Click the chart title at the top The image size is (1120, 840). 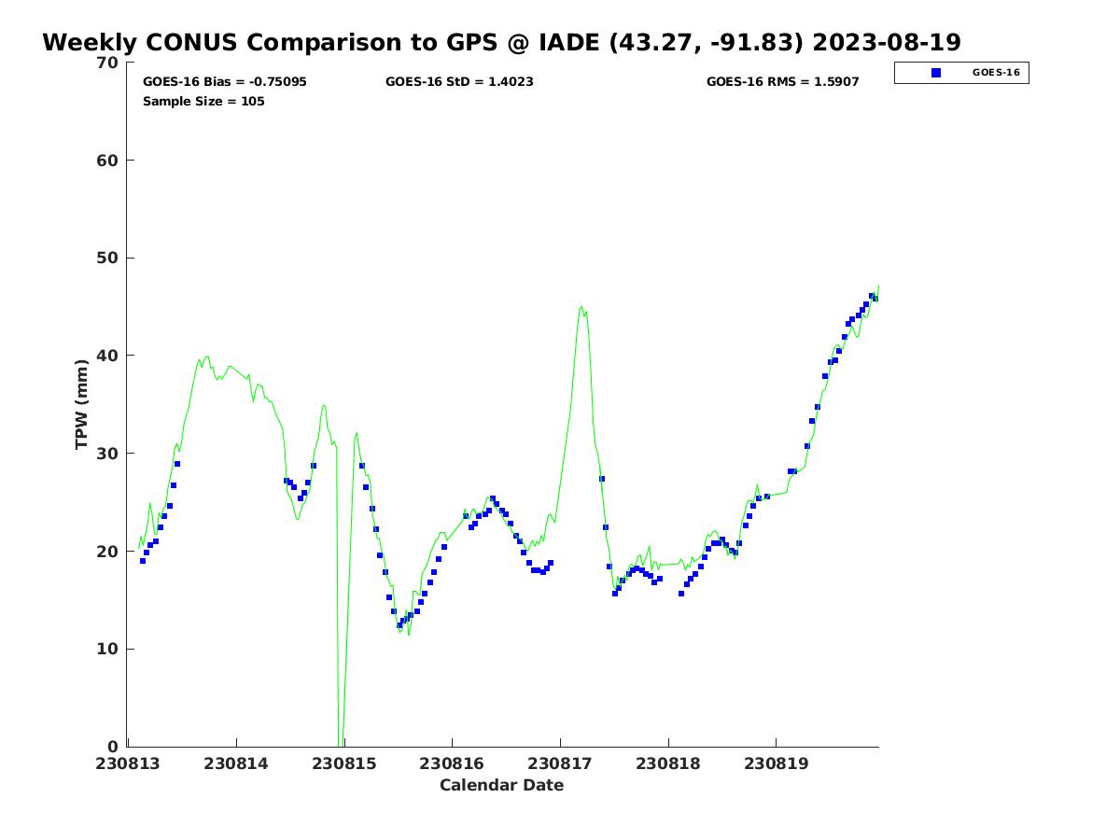(501, 43)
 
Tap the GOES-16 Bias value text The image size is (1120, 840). (224, 82)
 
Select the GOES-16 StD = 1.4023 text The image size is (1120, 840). (459, 82)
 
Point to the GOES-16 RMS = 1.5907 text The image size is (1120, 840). (782, 82)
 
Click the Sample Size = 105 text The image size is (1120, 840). (203, 101)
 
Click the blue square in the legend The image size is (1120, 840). (936, 73)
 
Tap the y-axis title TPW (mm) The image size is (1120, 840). (82, 404)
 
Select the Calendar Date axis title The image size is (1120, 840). (501, 786)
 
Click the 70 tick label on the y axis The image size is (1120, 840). (108, 63)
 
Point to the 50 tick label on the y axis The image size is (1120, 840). (108, 258)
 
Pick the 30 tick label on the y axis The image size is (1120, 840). (108, 454)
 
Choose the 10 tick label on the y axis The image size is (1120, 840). (108, 649)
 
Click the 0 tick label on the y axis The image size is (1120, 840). (113, 747)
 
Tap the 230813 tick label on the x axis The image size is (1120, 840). (129, 763)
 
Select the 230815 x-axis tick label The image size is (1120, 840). (344, 763)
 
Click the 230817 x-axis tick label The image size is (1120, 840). (560, 763)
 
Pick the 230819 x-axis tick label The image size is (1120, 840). (776, 763)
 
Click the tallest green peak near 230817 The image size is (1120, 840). (581, 306)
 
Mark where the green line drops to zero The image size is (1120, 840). (340, 744)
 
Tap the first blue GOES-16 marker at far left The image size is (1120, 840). (143, 561)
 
